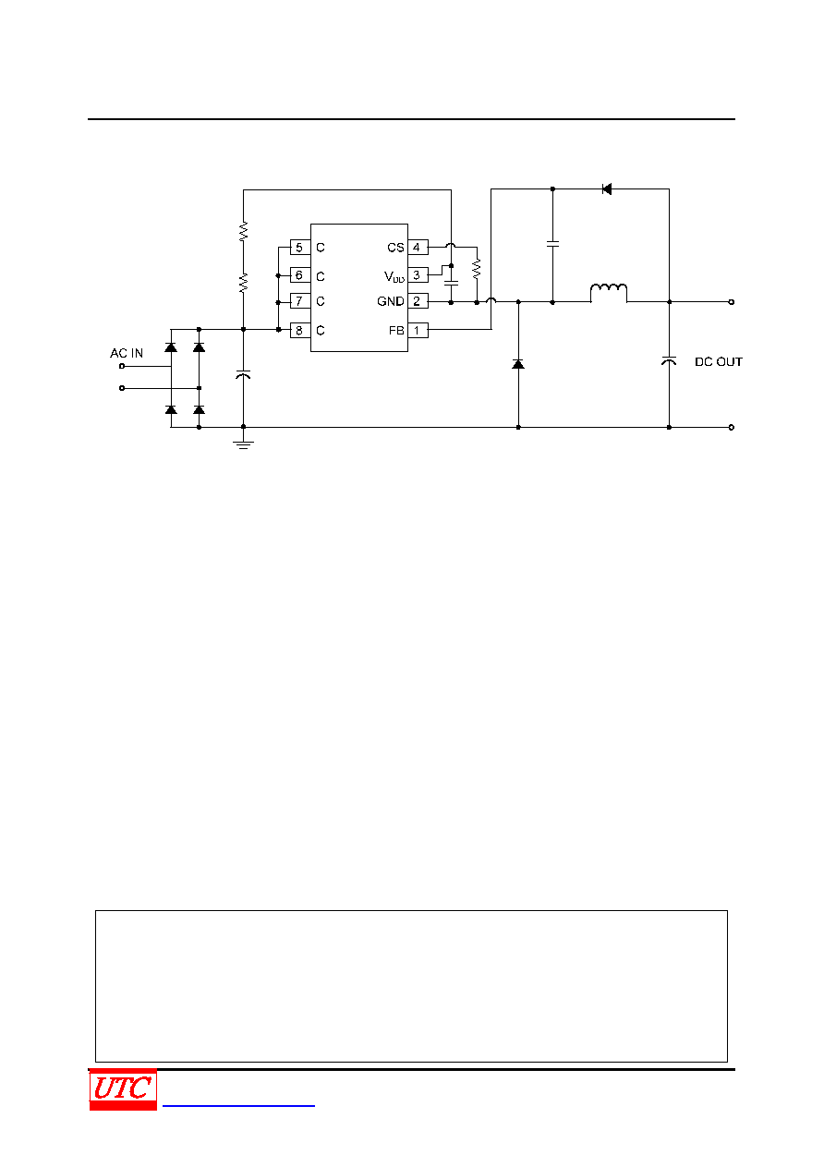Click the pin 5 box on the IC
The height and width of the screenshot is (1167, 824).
300,248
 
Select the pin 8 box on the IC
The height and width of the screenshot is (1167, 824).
300,330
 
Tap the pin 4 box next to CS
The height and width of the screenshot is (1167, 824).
418,248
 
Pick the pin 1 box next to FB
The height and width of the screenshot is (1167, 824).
418,330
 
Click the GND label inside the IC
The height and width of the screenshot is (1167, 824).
390,301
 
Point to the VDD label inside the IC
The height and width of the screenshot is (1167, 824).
394,276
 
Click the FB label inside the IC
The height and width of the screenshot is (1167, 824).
396,330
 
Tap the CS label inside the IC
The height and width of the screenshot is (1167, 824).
395,248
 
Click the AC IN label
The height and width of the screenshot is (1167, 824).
126,353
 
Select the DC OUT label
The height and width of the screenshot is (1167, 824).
719,362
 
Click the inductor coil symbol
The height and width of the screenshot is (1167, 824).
609,288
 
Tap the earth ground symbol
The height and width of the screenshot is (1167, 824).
243,444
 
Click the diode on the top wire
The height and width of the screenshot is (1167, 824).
606,188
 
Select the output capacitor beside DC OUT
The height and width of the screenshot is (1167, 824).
669,360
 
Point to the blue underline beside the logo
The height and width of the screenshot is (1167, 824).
238,1105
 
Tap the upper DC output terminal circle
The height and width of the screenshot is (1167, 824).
732,302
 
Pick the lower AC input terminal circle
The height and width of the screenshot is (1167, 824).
122,388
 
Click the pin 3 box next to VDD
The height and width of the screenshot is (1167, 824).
418,274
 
